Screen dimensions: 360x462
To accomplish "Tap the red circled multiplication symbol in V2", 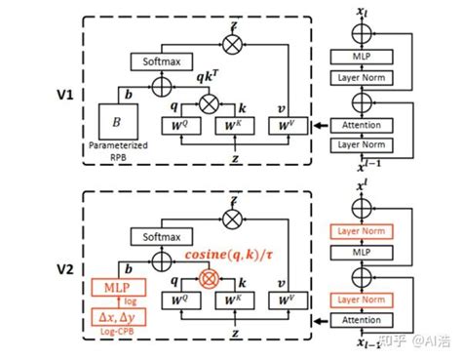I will point(207,279).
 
